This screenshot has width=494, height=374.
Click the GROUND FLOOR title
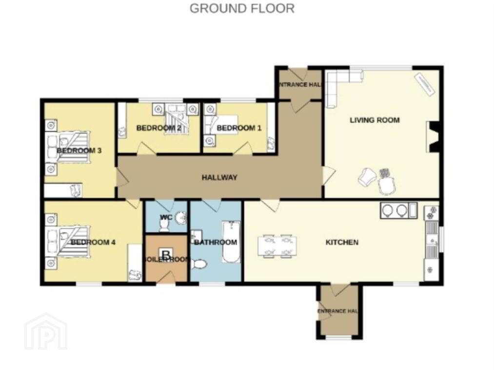point(242,8)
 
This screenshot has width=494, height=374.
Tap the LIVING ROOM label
point(375,120)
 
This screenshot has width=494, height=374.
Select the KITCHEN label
point(342,242)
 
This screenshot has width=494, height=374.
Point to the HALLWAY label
point(219,177)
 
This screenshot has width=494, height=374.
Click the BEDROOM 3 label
point(79,150)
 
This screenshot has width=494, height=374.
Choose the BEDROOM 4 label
point(93,242)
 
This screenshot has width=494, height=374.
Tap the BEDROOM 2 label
point(158,128)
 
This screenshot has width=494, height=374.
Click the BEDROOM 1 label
point(239,128)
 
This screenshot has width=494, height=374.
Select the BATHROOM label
point(216,242)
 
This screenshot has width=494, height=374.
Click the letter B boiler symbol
point(166,254)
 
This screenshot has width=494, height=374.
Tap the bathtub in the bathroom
point(231,242)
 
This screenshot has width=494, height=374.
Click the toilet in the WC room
point(164,225)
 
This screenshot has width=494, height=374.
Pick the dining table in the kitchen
point(277,246)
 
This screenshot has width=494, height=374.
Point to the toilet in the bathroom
point(198,264)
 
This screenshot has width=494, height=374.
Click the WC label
point(166,217)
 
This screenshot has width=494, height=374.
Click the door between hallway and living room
point(328,175)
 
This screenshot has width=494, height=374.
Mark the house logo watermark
point(46,331)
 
